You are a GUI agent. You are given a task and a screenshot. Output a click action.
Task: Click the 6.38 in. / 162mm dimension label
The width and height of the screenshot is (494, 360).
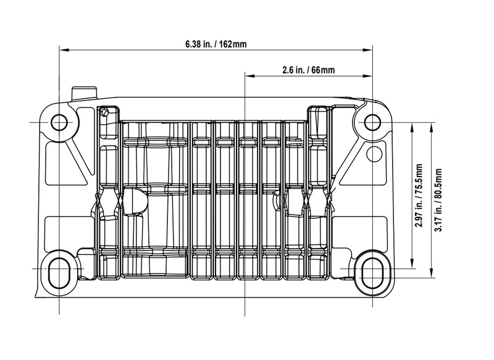216,44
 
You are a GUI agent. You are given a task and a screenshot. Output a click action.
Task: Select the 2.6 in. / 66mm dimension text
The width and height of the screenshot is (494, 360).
308,70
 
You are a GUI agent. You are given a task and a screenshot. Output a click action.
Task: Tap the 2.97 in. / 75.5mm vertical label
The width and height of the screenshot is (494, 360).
419,195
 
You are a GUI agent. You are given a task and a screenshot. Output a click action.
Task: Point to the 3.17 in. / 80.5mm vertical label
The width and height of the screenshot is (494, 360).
438,199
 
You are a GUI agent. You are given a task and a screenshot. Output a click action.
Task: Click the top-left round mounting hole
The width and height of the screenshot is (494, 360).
59,122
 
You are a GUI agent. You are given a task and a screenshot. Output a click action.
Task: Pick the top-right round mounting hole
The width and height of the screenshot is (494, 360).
372,122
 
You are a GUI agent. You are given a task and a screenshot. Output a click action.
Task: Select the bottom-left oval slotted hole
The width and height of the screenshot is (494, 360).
59,273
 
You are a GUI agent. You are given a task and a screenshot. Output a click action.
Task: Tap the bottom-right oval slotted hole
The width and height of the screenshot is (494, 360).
372,273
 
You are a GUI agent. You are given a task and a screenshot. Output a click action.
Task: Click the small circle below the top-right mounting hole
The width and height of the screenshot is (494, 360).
374,154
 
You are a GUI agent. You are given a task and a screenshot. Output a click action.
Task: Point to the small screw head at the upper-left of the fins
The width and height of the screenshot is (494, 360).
104,112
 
